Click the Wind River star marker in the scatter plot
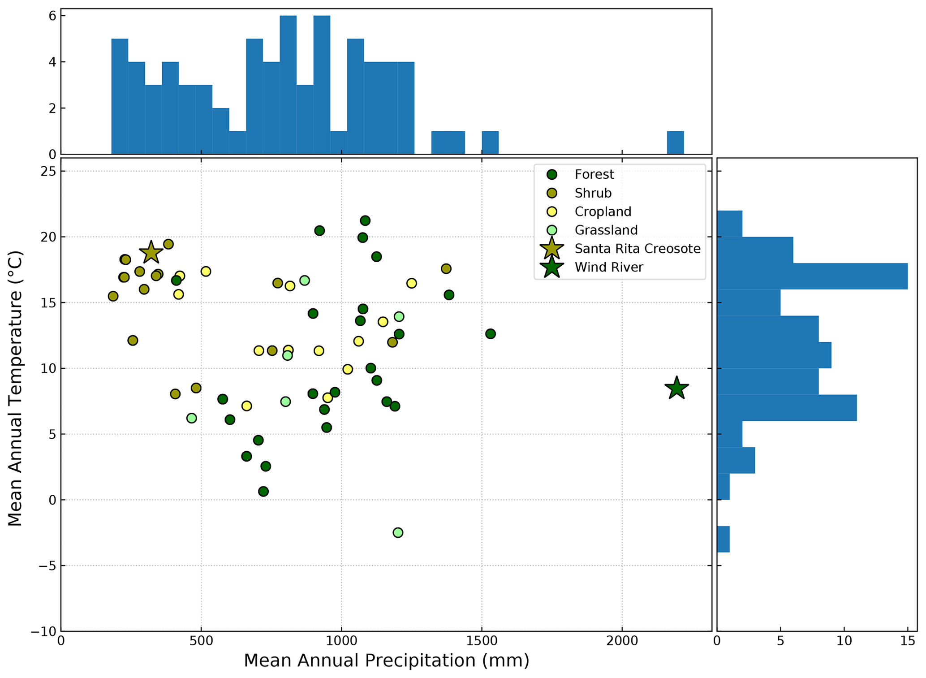coord(676,388)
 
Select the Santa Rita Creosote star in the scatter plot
coord(151,253)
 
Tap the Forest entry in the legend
coord(594,174)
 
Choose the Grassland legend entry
coord(606,230)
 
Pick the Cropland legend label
coord(603,212)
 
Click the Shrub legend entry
coord(593,193)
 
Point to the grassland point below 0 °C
coord(398,532)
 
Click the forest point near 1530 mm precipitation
coord(491,334)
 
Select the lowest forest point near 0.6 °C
coord(263,491)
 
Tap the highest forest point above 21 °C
coord(365,220)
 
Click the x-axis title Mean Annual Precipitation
coord(386,661)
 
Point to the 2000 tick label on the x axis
coord(622,641)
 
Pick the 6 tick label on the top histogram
coord(52,16)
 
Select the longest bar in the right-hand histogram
coord(812,276)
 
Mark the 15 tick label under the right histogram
coord(908,641)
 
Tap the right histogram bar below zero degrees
coord(723,539)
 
